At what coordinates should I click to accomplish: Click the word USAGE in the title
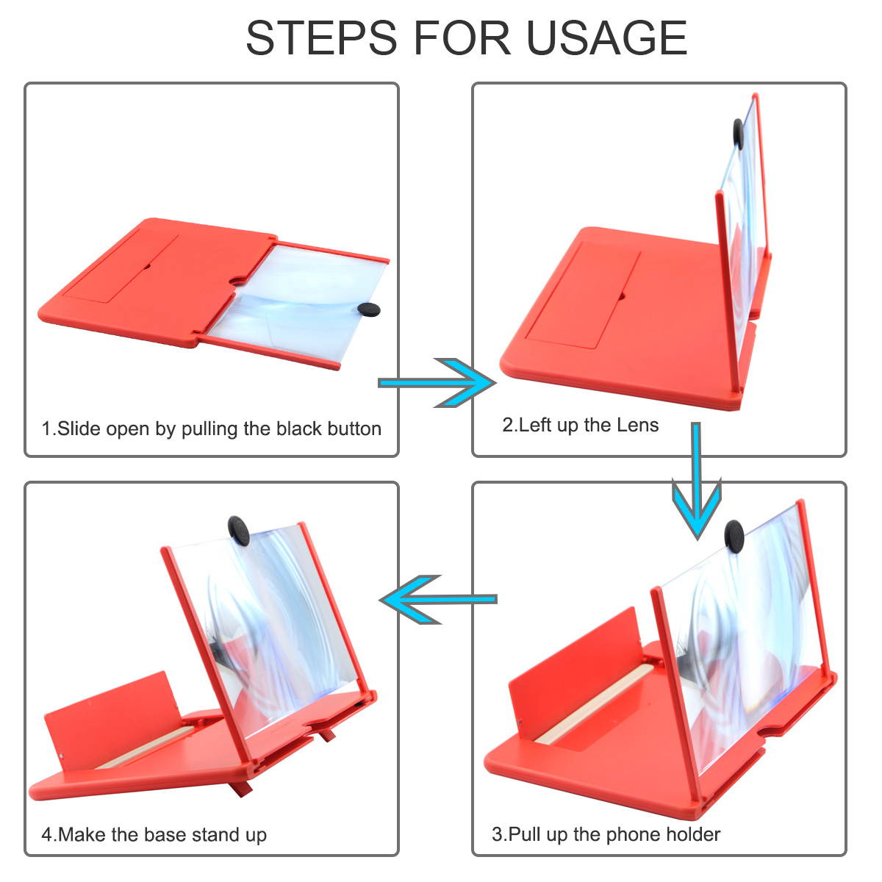tap(606, 37)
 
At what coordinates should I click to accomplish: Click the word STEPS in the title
tap(322, 37)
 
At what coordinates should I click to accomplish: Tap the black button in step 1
tap(368, 310)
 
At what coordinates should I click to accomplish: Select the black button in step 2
tap(738, 134)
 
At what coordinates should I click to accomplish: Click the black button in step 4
tap(238, 531)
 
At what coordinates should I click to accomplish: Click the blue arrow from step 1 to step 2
tap(437, 383)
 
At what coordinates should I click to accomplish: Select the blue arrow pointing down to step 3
tap(696, 481)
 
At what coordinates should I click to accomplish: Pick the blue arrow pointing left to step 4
tap(439, 600)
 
